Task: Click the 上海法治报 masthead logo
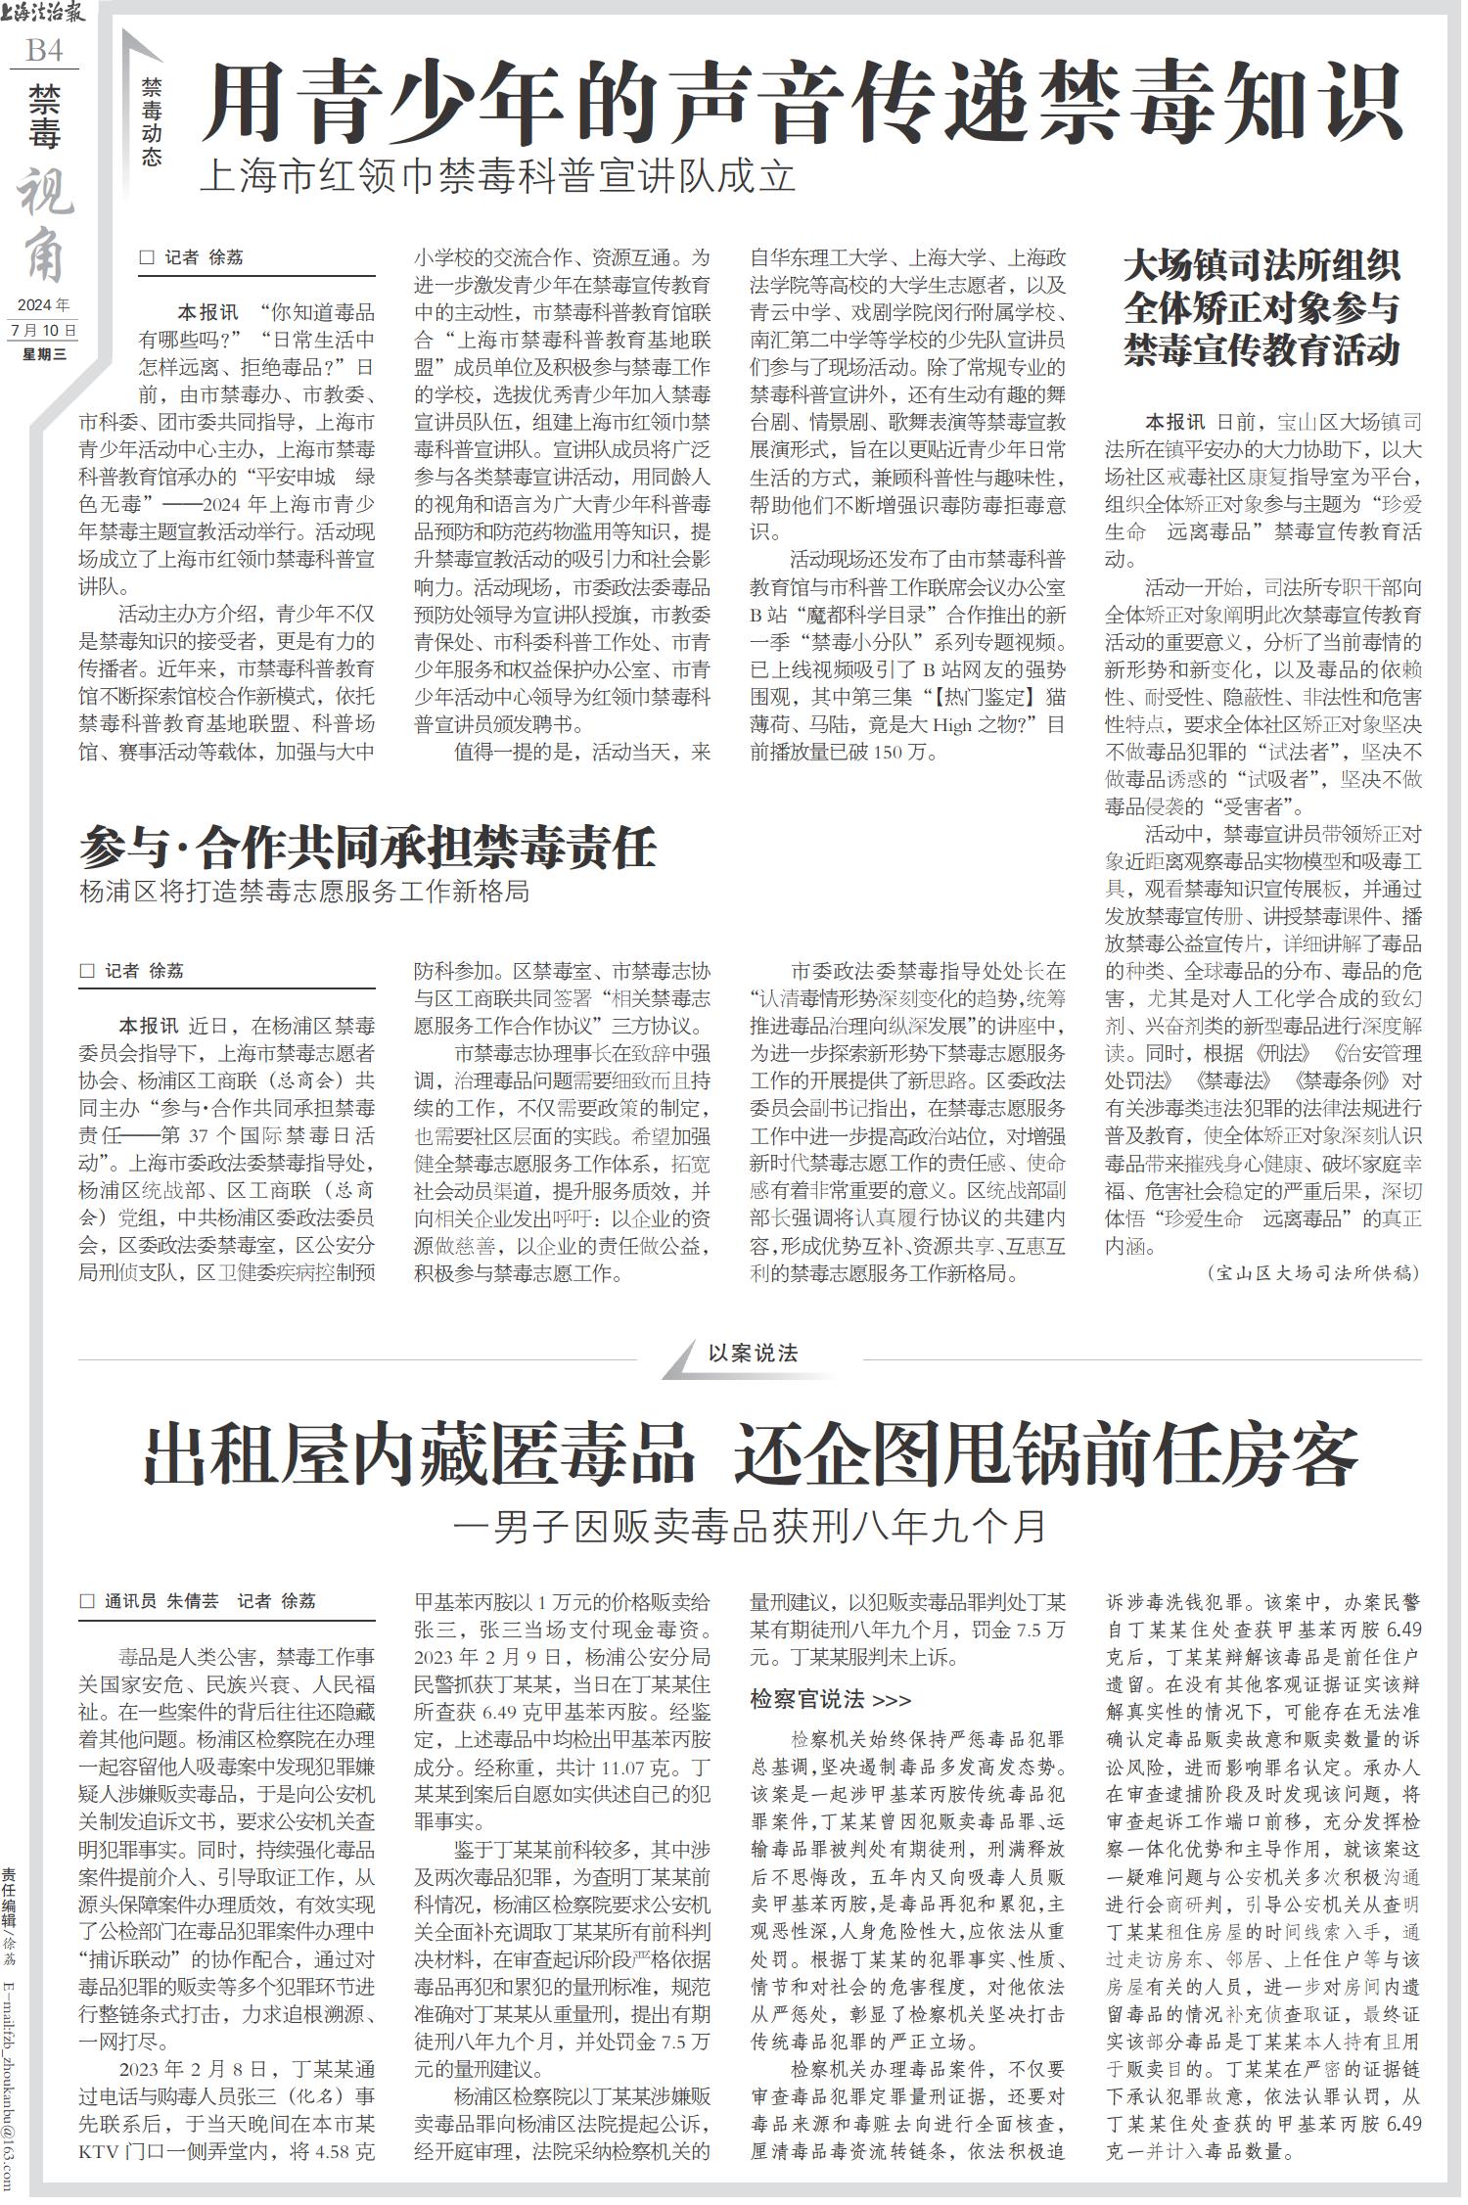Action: pos(43,15)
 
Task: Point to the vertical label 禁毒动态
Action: pos(151,121)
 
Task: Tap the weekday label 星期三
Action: pos(43,354)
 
